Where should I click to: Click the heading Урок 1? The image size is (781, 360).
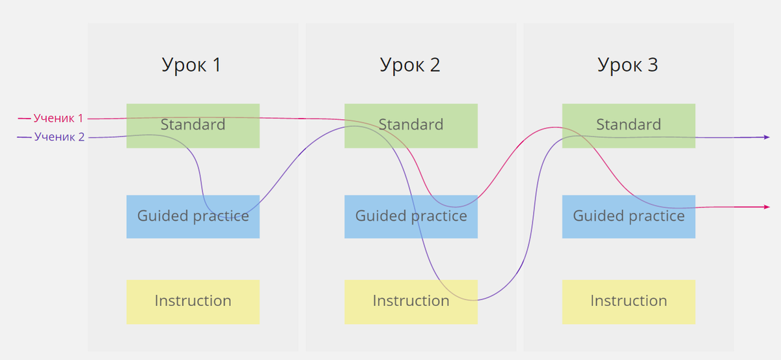[x=191, y=65]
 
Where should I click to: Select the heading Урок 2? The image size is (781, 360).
[x=409, y=65]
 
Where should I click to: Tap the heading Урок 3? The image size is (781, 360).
[x=627, y=65]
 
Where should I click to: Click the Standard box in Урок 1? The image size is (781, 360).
[x=193, y=125]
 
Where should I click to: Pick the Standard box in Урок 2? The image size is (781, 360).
[x=411, y=125]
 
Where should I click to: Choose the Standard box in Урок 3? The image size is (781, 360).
[x=629, y=125]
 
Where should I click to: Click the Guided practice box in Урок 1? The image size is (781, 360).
[x=193, y=216]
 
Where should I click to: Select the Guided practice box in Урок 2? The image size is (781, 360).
[x=411, y=216]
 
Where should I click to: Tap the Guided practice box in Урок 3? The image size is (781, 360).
[x=629, y=216]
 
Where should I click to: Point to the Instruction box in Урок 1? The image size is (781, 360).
[x=193, y=301]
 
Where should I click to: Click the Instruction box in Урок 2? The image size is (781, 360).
[x=411, y=301]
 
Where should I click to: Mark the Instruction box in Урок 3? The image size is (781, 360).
[x=629, y=301]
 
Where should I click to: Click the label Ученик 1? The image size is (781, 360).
[x=59, y=118]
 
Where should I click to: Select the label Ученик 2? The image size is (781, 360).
[x=59, y=137]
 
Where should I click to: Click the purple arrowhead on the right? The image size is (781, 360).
[x=766, y=137]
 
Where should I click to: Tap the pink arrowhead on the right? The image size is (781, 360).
[x=766, y=207]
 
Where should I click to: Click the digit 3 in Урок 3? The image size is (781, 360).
[x=651, y=65]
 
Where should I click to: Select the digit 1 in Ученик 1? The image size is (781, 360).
[x=81, y=118]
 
